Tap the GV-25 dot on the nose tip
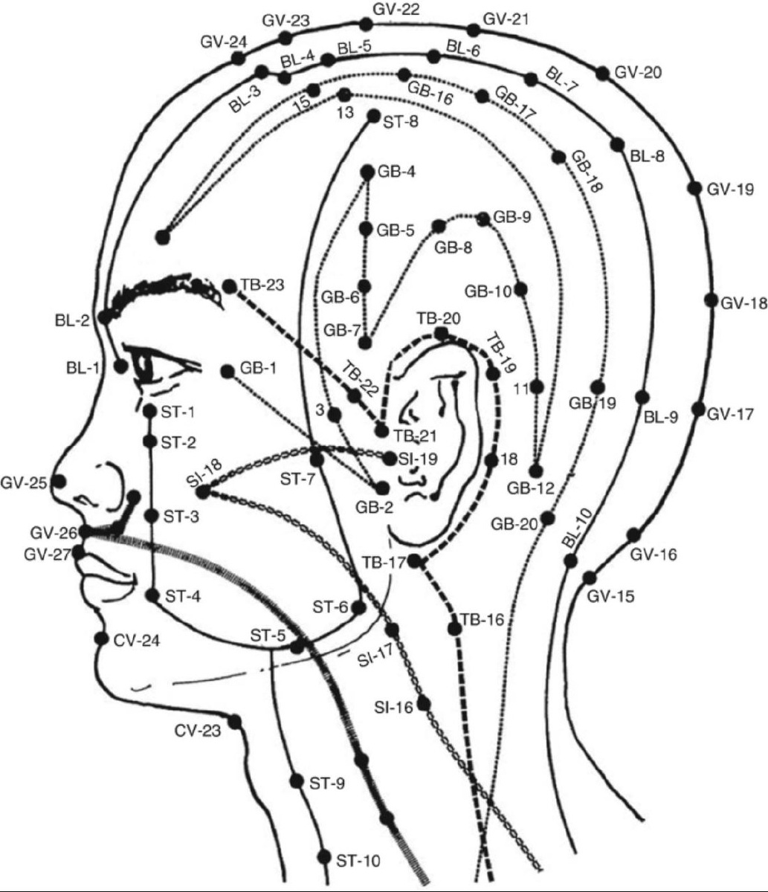60,481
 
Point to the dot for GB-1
227,370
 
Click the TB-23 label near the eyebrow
263,285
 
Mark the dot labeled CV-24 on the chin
100,638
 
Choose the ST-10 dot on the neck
323,856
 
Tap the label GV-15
610,596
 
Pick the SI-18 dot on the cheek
202,491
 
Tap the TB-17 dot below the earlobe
416,561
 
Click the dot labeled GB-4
367,172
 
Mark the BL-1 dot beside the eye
120,366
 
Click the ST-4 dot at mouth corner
152,595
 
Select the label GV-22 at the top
396,10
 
